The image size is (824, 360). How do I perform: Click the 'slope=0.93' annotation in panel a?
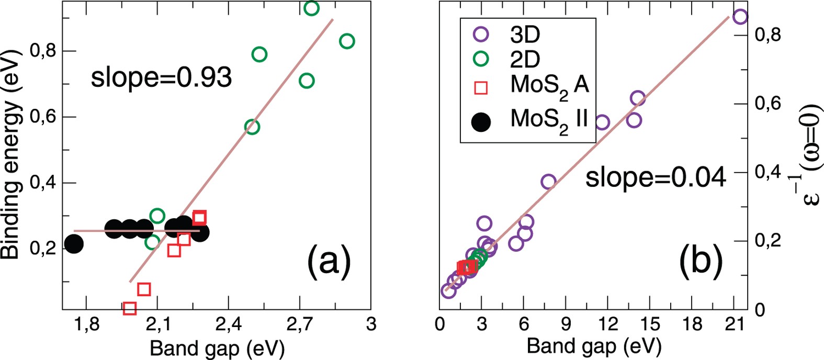(161, 78)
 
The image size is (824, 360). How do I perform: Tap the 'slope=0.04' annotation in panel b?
(656, 178)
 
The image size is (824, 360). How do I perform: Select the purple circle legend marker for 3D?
(480, 34)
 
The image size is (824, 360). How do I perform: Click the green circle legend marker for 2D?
(480, 59)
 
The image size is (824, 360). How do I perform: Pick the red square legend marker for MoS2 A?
(480, 87)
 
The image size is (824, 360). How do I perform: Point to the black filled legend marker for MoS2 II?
(481, 122)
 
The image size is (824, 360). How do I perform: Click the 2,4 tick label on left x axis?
(228, 325)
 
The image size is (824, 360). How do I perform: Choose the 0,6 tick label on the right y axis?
(767, 104)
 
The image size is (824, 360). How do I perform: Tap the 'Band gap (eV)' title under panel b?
(594, 346)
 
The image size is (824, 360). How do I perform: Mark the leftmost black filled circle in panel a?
(74, 243)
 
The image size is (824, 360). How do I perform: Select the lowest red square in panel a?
(130, 308)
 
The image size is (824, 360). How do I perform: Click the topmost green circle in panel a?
(311, 8)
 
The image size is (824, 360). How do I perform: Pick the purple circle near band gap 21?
(740, 17)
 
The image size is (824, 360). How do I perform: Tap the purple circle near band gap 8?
(548, 182)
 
